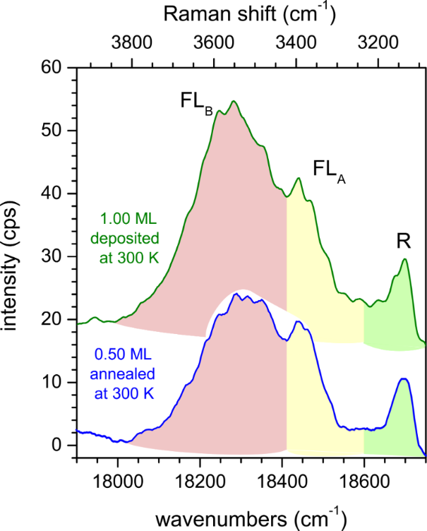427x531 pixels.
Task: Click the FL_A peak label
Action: click(328, 169)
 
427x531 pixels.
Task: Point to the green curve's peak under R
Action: click(405, 259)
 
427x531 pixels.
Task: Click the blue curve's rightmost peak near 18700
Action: click(404, 379)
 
